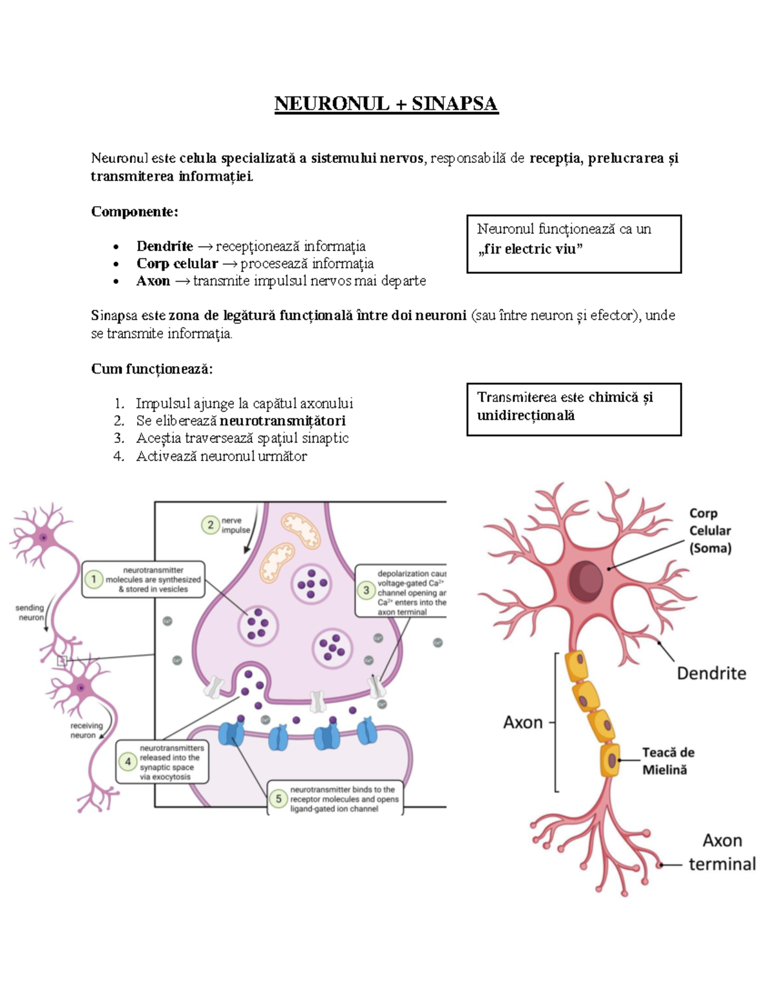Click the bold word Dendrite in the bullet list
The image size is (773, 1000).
click(164, 246)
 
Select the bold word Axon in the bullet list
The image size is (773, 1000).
click(153, 281)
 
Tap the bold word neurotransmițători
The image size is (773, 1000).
click(282, 420)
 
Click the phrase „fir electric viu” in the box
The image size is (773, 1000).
click(530, 249)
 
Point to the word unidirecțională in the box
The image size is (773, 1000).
click(526, 415)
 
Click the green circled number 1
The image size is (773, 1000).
click(94, 579)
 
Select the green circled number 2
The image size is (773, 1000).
click(211, 525)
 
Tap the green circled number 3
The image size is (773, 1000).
click(367, 590)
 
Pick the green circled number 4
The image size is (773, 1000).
click(128, 762)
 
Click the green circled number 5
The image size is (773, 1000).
click(278, 799)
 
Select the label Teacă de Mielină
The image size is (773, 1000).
click(668, 760)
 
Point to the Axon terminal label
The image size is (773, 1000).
click(722, 852)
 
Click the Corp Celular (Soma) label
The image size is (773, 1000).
click(710, 531)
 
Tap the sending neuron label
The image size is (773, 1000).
click(30, 612)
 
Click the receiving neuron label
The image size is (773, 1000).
click(86, 730)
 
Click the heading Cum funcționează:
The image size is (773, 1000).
click(152, 368)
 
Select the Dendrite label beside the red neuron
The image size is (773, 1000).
click(711, 674)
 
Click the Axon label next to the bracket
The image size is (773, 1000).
click(523, 722)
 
